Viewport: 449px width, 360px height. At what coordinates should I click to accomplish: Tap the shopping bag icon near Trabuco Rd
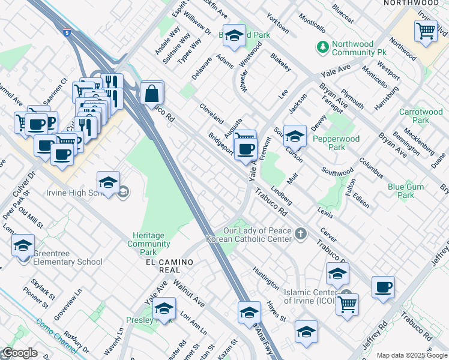coord(152,93)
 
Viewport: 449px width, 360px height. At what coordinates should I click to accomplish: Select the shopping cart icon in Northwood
coord(426,31)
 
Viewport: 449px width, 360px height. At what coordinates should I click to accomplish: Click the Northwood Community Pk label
coord(361,49)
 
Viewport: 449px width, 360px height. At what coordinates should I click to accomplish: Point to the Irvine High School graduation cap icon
coord(109,183)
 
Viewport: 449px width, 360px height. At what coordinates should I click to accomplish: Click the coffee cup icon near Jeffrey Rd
coord(382,287)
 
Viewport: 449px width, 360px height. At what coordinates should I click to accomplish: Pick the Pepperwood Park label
coord(336,143)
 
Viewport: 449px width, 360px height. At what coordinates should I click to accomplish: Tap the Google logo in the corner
coord(20,353)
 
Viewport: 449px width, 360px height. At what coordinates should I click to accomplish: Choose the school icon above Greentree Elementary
coord(23,245)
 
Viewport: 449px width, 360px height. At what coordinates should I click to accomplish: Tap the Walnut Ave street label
coord(188,292)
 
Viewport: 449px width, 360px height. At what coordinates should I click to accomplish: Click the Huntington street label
coord(266,278)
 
